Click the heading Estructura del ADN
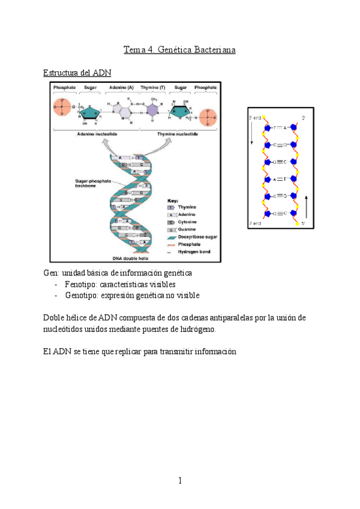[x=77, y=73]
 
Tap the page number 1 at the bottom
[x=179, y=481]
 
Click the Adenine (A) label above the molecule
[x=121, y=88]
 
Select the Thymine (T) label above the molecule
[x=153, y=88]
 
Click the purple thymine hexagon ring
[x=154, y=110]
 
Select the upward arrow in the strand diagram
[x=307, y=206]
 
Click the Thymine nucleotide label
[x=177, y=134]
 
